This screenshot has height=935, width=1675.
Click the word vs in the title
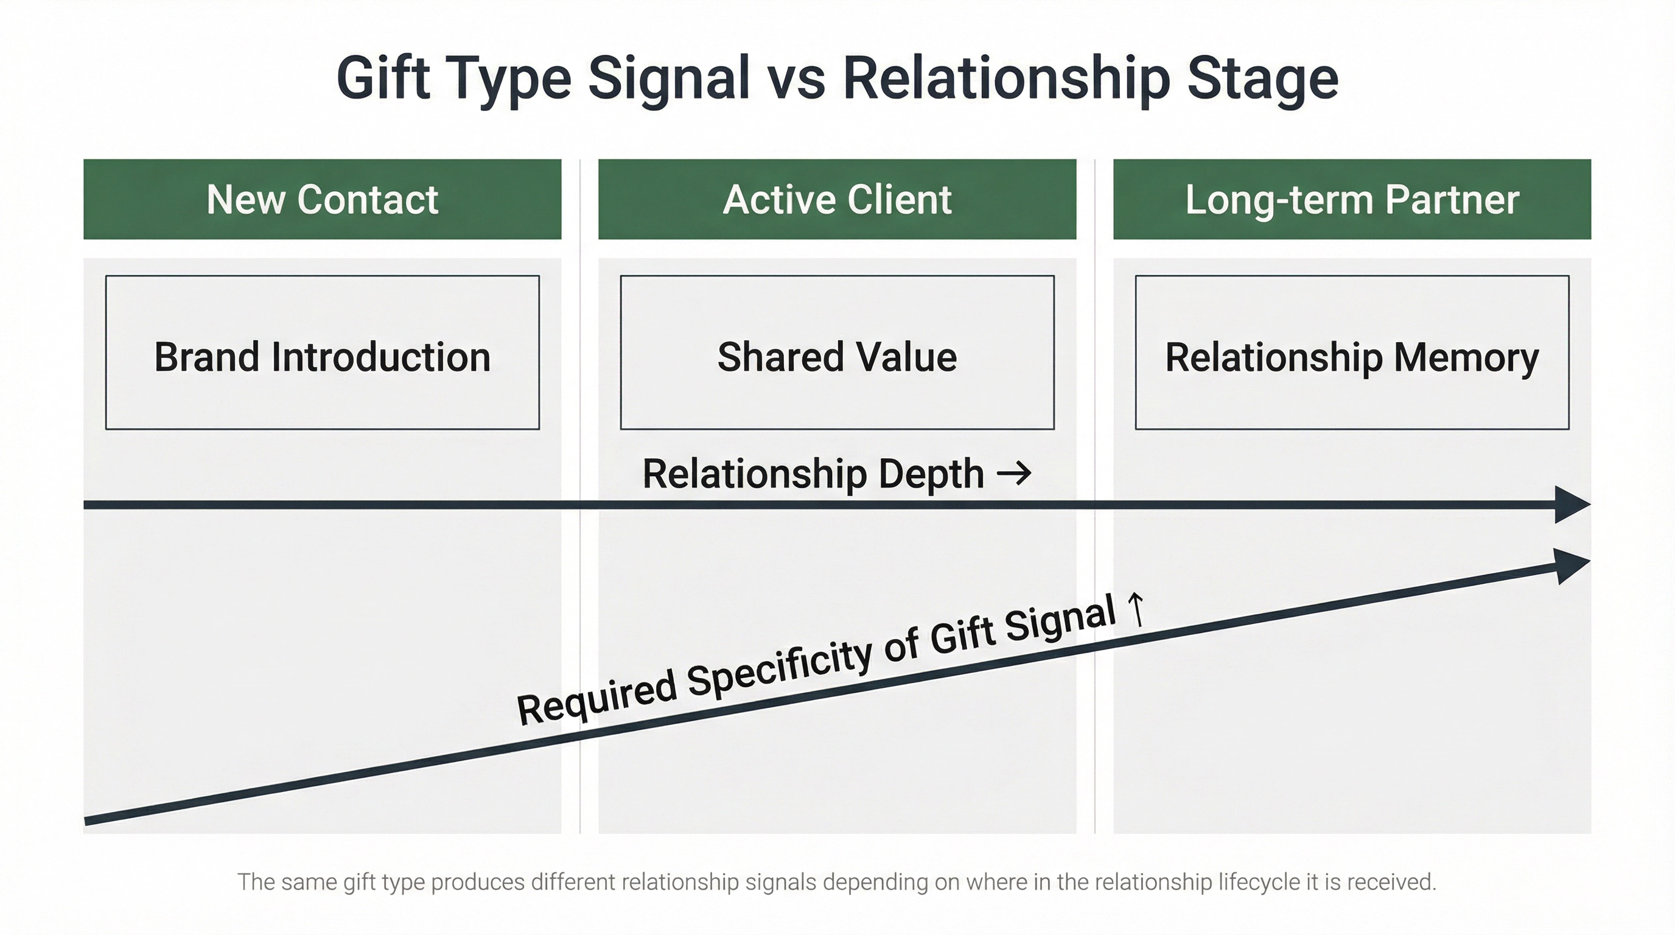coord(797,79)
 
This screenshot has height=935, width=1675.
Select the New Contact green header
coord(322,199)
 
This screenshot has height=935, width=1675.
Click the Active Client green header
coord(837,199)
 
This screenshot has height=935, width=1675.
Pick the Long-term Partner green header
coord(1352,199)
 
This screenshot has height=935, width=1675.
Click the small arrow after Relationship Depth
coord(1015,473)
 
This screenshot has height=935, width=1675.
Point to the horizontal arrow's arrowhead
coord(1572,504)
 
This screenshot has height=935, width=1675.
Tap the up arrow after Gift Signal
coord(1136,609)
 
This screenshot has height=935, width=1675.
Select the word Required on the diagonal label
coord(596,705)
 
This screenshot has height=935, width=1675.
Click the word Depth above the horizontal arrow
coord(931,474)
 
